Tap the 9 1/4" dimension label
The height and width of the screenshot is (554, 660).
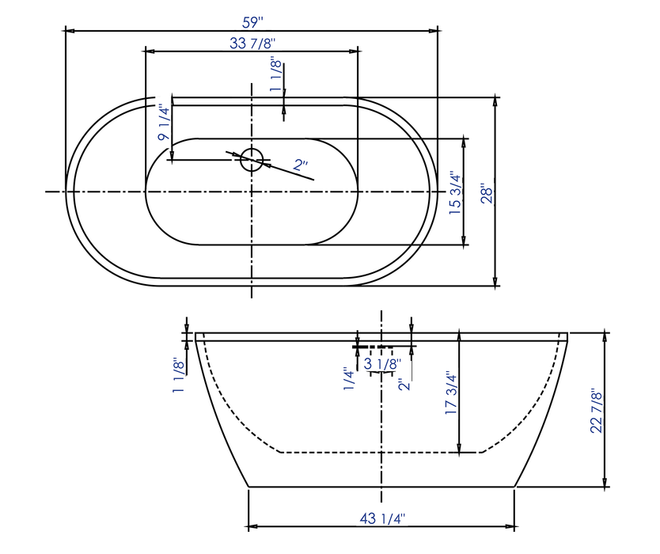(164, 123)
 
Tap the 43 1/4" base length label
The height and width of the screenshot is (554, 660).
(381, 518)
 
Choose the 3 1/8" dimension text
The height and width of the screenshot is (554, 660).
(383, 363)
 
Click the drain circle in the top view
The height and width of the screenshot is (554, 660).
(252, 157)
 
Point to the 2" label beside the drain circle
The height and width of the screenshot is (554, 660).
(301, 166)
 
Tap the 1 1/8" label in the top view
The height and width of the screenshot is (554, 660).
(275, 76)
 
